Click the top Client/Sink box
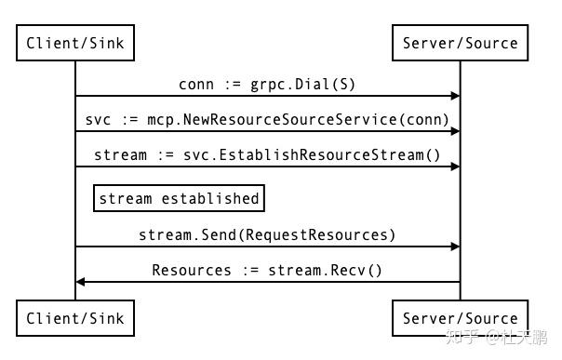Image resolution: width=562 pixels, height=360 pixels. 75,43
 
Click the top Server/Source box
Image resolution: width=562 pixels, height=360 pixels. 460,43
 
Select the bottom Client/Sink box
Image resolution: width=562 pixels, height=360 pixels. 75,318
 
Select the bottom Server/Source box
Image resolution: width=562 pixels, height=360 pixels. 460,318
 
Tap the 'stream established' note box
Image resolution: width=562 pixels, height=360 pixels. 179,198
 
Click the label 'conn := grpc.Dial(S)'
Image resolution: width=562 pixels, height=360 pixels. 267,85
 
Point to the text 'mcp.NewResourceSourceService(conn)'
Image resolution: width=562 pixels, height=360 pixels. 303,120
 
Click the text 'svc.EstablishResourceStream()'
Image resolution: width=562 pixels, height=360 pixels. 329,154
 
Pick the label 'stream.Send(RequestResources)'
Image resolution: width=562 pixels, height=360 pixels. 267,235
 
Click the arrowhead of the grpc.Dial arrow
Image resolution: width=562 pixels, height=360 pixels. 455,96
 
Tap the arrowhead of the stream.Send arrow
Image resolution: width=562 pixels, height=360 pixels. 455,247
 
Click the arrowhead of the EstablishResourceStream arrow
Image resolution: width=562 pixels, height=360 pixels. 455,167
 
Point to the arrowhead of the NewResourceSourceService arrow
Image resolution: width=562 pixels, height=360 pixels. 455,131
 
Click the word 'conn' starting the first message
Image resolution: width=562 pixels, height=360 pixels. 196,85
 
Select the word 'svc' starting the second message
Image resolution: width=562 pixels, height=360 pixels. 98,120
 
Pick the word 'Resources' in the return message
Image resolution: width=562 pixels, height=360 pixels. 192,271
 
